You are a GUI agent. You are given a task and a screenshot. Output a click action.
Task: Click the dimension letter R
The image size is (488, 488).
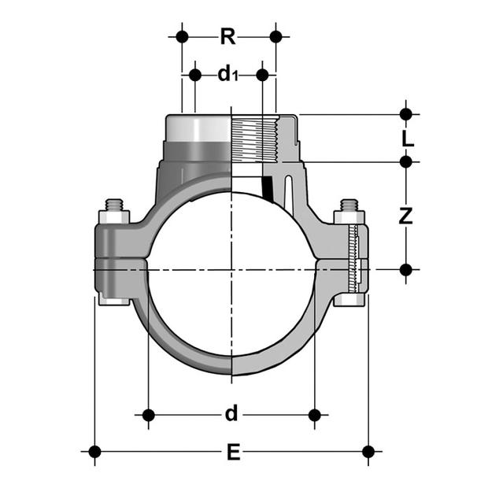pyautogui.click(x=228, y=36)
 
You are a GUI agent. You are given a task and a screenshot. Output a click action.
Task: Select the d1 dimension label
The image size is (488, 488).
pyautogui.click(x=228, y=75)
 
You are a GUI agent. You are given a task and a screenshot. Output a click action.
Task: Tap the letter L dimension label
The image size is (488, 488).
pyautogui.click(x=408, y=138)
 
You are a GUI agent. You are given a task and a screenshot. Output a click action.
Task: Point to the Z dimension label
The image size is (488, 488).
pyautogui.click(x=406, y=216)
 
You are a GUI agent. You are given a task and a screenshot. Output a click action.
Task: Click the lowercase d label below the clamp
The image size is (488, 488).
pyautogui.click(x=231, y=413)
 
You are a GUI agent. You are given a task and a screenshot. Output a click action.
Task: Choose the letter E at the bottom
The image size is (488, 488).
pyautogui.click(x=234, y=452)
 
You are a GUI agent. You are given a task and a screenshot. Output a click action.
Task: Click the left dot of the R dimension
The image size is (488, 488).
pyautogui.click(x=182, y=37)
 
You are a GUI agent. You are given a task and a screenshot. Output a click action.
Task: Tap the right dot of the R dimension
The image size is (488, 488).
pyautogui.click(x=276, y=37)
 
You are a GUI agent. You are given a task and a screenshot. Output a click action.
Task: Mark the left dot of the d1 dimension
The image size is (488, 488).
pyautogui.click(x=195, y=75)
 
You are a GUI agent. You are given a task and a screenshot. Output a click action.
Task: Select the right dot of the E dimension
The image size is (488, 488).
pyautogui.click(x=368, y=452)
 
